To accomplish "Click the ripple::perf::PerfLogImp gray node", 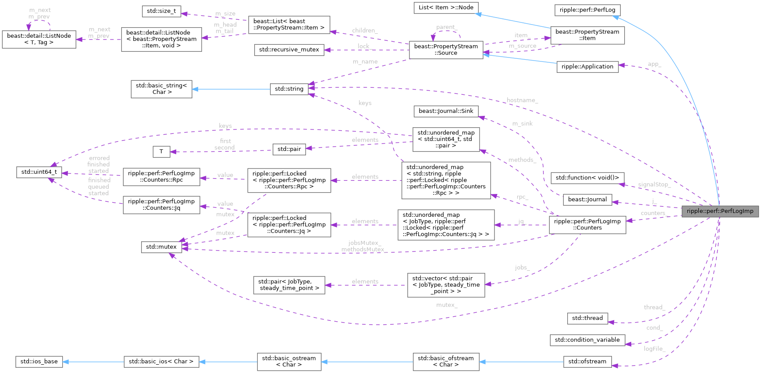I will [x=720, y=211].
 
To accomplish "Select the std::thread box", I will [x=587, y=318].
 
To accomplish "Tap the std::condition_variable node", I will [x=587, y=340].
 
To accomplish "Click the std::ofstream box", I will [x=587, y=361].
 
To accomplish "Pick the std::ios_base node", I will [x=39, y=361].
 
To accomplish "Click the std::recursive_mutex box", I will [x=289, y=50].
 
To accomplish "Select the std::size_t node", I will [x=161, y=11].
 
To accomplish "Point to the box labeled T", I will [x=161, y=151].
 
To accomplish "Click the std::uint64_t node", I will [x=39, y=172].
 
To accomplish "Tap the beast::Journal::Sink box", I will [x=446, y=111].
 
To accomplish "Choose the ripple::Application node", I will [x=587, y=67].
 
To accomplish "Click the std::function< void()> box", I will [x=587, y=178].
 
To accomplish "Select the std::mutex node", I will [x=161, y=247].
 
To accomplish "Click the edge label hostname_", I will [x=522, y=100].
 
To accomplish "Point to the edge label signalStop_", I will [x=654, y=184].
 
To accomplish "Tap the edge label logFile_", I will [x=654, y=349].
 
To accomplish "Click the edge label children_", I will [x=365, y=30].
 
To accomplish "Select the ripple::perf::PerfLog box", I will [x=587, y=10].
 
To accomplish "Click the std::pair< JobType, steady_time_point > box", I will [x=289, y=285].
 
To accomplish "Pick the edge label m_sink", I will [x=522, y=123].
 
